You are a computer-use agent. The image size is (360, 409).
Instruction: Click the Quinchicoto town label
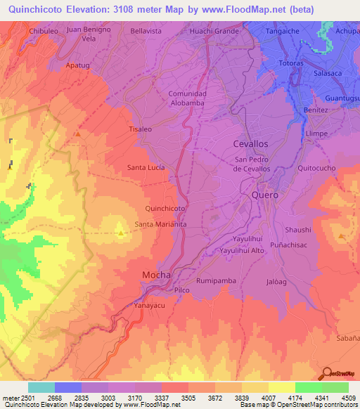[165, 209]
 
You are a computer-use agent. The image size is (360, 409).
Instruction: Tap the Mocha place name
[157, 274]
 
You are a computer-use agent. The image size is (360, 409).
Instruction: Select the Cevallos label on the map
[250, 143]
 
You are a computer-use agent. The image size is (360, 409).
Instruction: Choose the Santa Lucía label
[146, 167]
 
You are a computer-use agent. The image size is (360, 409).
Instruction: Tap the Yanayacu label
[149, 306]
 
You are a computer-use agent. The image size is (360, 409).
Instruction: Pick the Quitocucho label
[317, 168]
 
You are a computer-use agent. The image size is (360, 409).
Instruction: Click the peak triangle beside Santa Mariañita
[121, 233]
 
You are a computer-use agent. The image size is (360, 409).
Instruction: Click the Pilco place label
[182, 290]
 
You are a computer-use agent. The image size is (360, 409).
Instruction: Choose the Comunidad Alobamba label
[187, 98]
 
